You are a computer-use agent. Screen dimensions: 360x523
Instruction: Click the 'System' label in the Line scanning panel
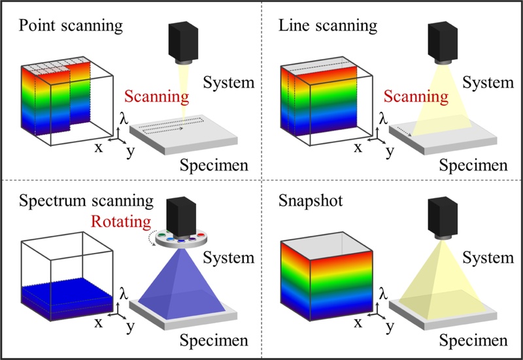487,82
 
